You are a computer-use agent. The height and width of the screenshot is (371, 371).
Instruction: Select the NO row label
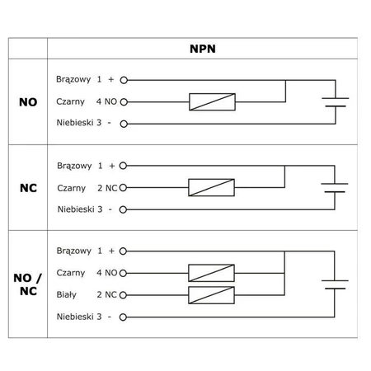(27, 103)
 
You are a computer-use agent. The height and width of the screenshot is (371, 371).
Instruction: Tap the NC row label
(27, 187)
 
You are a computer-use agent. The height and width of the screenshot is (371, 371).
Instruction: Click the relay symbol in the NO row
(211, 102)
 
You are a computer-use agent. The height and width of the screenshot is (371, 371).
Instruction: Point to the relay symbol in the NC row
(211, 187)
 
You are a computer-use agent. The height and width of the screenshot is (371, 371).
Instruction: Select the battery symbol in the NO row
(335, 102)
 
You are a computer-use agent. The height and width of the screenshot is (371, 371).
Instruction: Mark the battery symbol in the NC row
(335, 187)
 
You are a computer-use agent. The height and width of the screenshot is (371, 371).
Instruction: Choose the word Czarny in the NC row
(72, 187)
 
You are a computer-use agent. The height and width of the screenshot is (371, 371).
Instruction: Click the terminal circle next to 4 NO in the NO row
(124, 102)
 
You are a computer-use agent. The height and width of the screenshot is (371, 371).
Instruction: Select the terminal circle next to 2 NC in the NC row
(124, 187)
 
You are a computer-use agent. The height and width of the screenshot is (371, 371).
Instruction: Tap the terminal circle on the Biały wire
(124, 294)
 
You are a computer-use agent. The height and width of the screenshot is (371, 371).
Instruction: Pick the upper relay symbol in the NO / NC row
(211, 273)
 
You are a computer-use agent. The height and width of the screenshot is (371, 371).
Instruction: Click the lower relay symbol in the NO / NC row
(211, 294)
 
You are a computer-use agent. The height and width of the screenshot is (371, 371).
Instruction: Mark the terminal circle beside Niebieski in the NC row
(124, 209)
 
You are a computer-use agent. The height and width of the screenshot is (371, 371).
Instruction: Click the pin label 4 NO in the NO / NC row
(106, 273)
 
